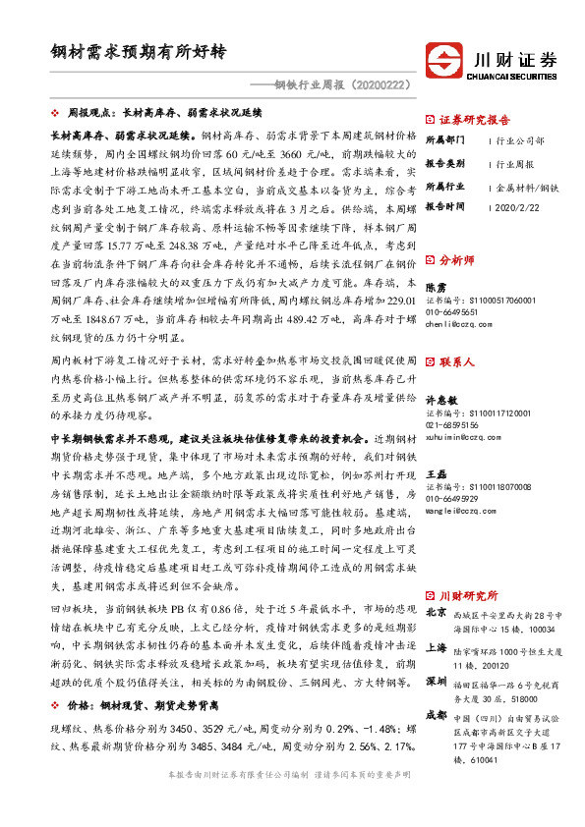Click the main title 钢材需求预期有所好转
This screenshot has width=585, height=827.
pyautogui.click(x=139, y=50)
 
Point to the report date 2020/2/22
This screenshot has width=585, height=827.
pyautogui.click(x=520, y=207)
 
